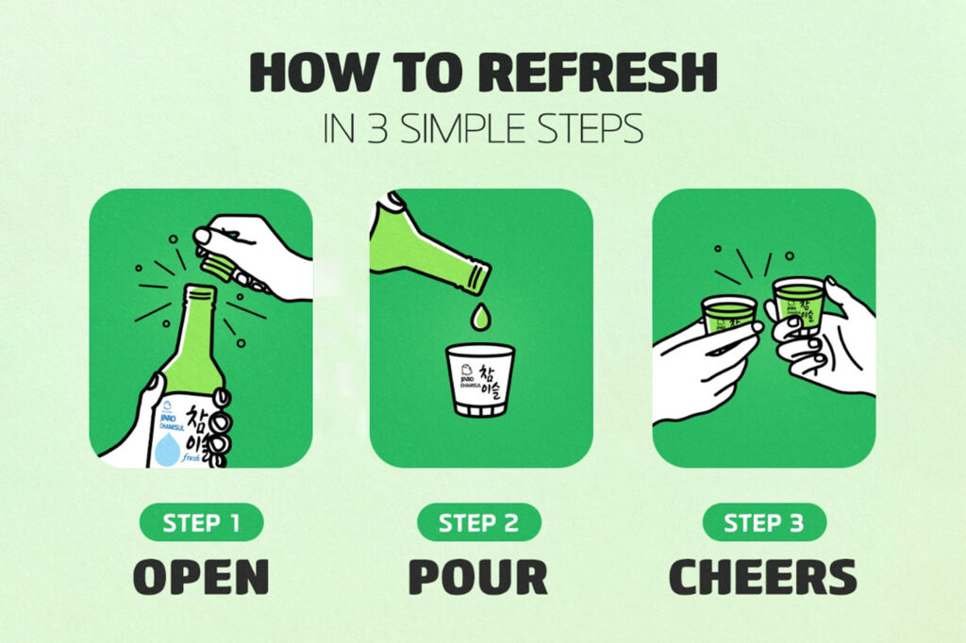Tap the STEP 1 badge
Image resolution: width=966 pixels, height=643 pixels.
point(200,522)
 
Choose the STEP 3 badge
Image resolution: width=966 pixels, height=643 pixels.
point(763,522)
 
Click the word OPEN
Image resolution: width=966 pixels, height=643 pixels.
point(201,576)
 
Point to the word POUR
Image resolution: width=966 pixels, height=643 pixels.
point(480,576)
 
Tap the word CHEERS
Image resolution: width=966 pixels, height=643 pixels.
point(763,576)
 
